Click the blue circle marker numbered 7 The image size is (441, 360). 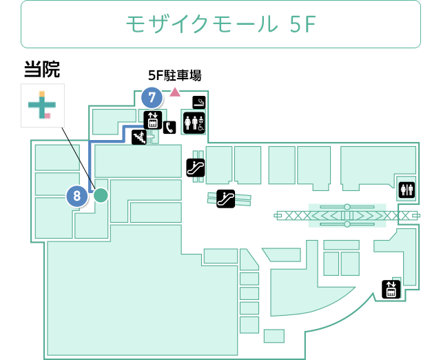click(152, 98)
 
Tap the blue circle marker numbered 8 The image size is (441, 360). click(76, 196)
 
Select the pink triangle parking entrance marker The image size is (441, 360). click(175, 92)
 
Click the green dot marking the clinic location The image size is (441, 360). click(101, 195)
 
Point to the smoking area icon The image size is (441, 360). click(199, 102)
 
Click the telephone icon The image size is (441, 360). click(170, 128)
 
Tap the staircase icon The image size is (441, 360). click(139, 137)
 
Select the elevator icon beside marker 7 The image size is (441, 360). click(153, 120)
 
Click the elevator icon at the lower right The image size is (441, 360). click(391, 289)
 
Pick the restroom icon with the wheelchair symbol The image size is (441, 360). click(194, 123)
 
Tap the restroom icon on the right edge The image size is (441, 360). click(407, 190)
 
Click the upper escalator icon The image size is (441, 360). click(196, 168)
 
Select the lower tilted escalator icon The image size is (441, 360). click(225, 199)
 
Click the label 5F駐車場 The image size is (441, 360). click(174, 75)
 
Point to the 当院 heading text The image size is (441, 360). click(42, 69)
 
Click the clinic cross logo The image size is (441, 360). click(43, 106)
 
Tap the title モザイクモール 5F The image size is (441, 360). click(220, 24)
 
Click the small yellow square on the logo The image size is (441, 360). click(41, 94)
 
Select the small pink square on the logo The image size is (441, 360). click(48, 116)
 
